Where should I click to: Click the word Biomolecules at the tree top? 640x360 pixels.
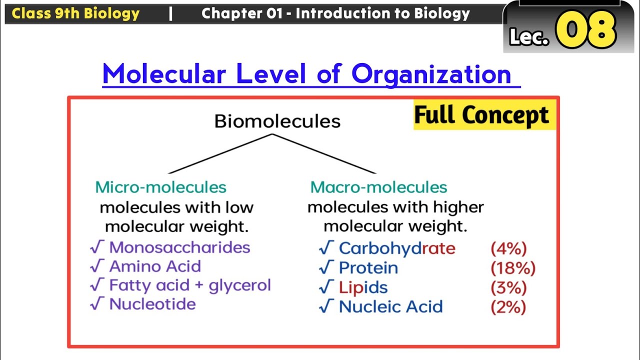click(277, 121)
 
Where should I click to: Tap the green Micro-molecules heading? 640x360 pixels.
click(161, 187)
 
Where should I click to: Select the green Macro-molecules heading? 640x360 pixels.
click(378, 187)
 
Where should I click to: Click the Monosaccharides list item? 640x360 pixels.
click(179, 247)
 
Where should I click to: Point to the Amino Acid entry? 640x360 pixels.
click(155, 266)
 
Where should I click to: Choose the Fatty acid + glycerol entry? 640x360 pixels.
click(190, 285)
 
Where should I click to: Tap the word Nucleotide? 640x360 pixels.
click(152, 304)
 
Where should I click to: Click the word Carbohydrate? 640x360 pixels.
click(397, 248)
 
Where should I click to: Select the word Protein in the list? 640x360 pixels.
click(368, 268)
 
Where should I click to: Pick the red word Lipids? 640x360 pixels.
click(363, 287)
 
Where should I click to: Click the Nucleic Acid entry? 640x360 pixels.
click(390, 306)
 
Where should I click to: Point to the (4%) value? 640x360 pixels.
click(508, 248)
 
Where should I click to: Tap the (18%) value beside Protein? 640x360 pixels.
click(513, 268)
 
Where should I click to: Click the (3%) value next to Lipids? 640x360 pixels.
click(508, 287)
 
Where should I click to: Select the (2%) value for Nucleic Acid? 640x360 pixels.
click(508, 306)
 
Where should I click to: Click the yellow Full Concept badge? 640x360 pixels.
click(481, 115)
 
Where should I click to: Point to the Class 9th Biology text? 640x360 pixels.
click(75, 13)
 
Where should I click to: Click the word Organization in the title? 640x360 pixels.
click(431, 74)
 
